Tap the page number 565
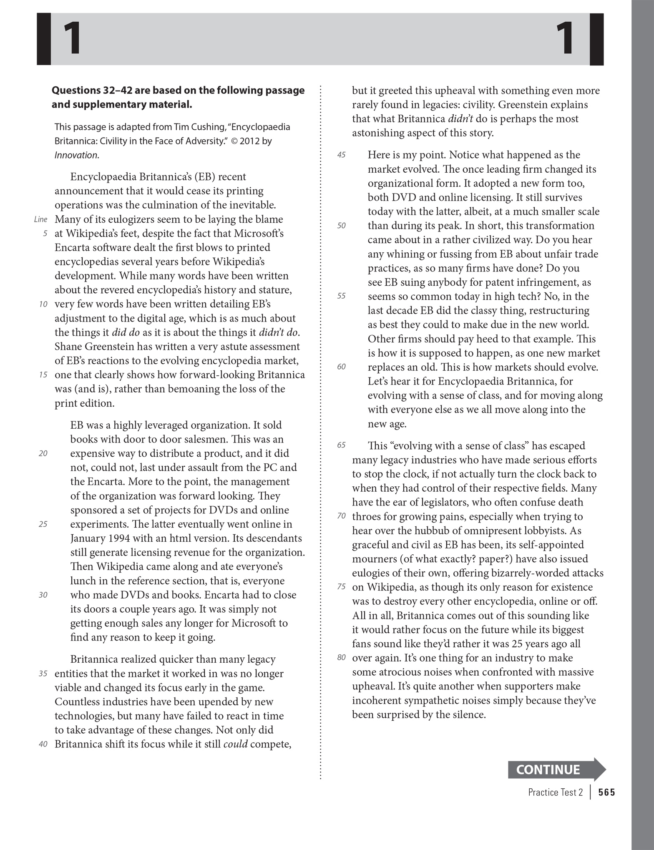606,792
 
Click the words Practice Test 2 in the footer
555,792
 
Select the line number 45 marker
341,155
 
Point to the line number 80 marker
341,658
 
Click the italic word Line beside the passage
40,219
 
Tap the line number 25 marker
43,524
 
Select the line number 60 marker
341,367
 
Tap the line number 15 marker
43,375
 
